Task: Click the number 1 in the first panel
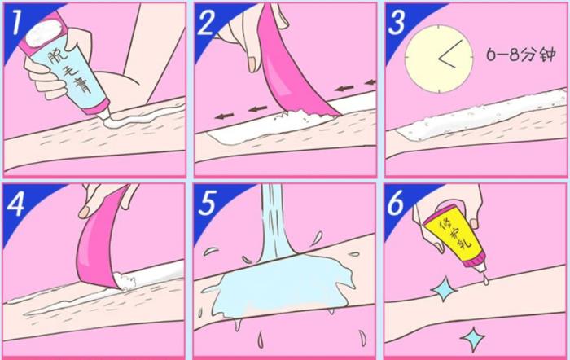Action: click(16, 23)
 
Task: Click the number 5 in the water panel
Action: click(207, 203)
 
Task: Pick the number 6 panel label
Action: click(396, 203)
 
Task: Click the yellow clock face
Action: click(439, 59)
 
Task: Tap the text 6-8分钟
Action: click(521, 55)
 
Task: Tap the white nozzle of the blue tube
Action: click(104, 115)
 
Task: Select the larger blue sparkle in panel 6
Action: click(445, 289)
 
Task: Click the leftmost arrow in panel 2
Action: click(224, 116)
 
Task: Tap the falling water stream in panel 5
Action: click(274, 222)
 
